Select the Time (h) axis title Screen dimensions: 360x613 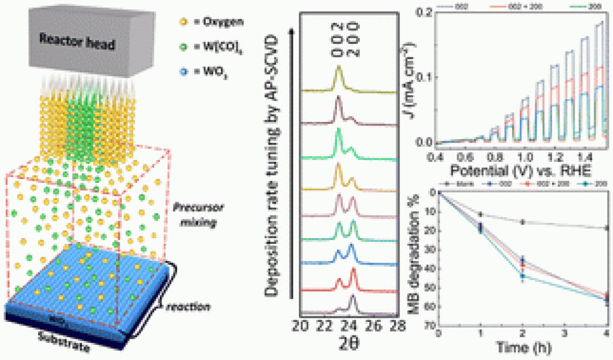[x=522, y=346]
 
